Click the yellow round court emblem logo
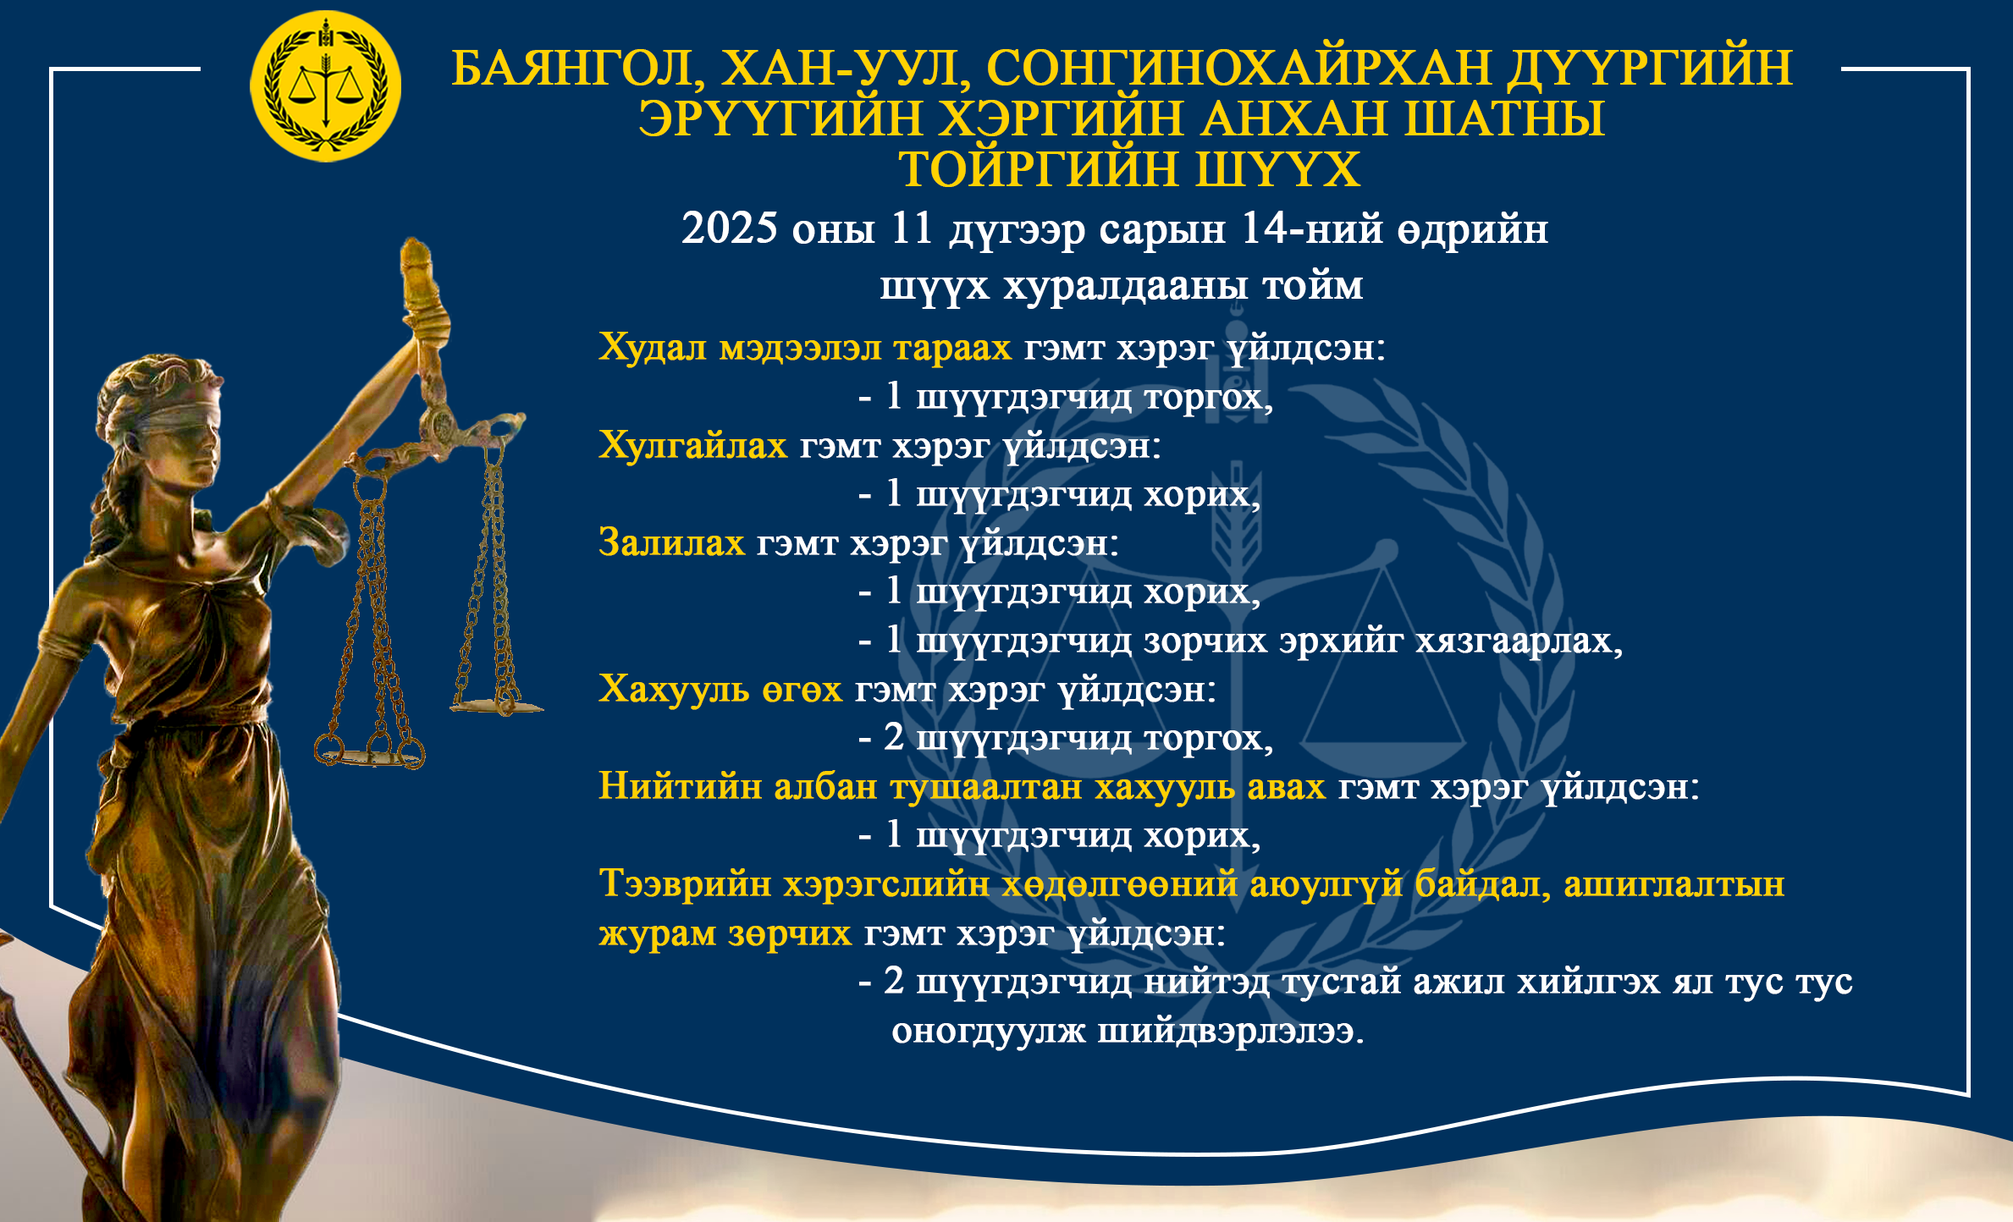326,86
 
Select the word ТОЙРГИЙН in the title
1038,169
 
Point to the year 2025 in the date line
729,228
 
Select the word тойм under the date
1313,286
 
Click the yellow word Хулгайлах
692,445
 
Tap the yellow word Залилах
671,542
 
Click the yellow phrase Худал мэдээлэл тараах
805,348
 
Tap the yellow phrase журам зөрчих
725,933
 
